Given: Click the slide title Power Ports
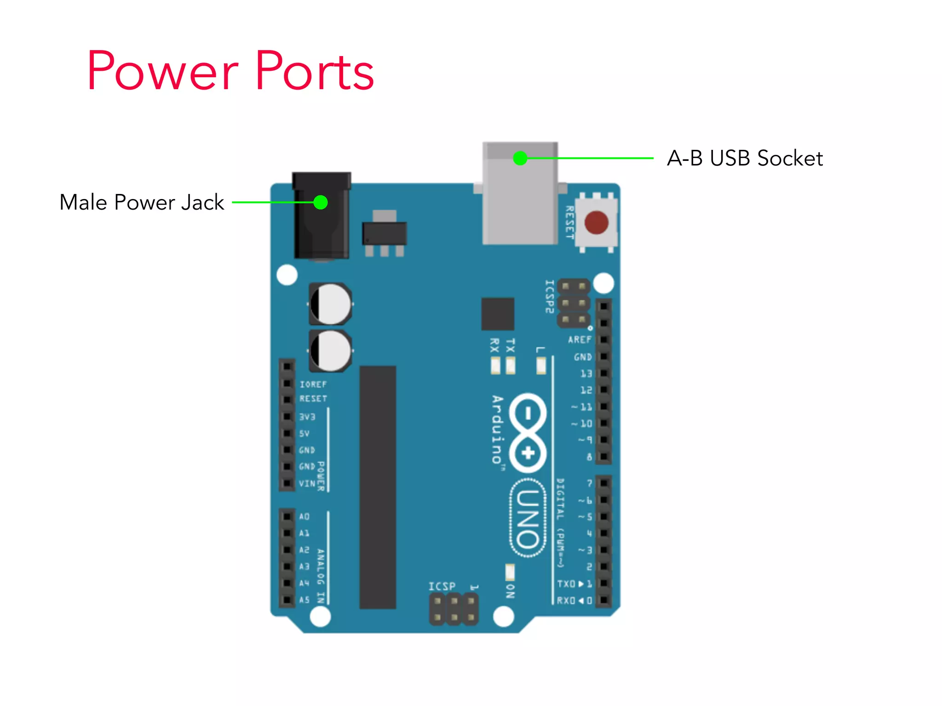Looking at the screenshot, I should (230, 71).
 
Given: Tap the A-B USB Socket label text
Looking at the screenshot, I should (744, 158).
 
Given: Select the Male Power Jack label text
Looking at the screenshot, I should (142, 202).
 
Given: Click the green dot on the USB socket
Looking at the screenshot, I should (520, 158).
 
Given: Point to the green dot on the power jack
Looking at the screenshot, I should (321, 202).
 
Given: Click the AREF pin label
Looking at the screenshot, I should (579, 340).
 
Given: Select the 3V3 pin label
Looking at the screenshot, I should (307, 417).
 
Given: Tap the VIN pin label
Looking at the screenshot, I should (307, 484).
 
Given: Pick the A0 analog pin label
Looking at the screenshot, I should (304, 517).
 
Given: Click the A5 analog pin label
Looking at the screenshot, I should (304, 600).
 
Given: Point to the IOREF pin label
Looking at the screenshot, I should (313, 384).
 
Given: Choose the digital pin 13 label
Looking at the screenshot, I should (586, 374).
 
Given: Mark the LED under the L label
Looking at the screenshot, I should (541, 366).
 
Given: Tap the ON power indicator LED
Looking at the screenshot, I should (510, 573).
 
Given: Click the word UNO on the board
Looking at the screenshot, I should (528, 518).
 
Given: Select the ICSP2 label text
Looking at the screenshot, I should (549, 296).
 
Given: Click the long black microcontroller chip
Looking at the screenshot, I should (377, 487).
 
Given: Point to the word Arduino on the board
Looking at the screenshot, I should (497, 429).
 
